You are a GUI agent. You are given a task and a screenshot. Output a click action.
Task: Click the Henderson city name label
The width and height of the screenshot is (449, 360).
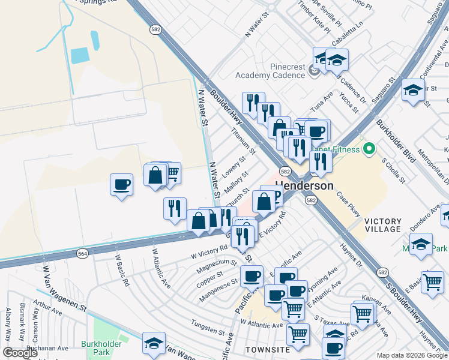(304, 186)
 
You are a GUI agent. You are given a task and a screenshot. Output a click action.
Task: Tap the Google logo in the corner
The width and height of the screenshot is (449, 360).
(20, 353)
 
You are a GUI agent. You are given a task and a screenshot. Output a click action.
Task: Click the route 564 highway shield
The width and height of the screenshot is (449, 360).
(83, 254)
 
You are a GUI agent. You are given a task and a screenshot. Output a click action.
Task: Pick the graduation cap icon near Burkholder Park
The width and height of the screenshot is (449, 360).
(154, 344)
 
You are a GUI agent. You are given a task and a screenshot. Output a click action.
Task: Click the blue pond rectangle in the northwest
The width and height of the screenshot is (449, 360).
(80, 56)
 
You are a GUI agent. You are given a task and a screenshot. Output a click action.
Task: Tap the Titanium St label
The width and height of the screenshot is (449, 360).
(244, 142)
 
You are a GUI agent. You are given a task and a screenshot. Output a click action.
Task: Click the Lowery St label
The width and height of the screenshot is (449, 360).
(234, 169)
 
